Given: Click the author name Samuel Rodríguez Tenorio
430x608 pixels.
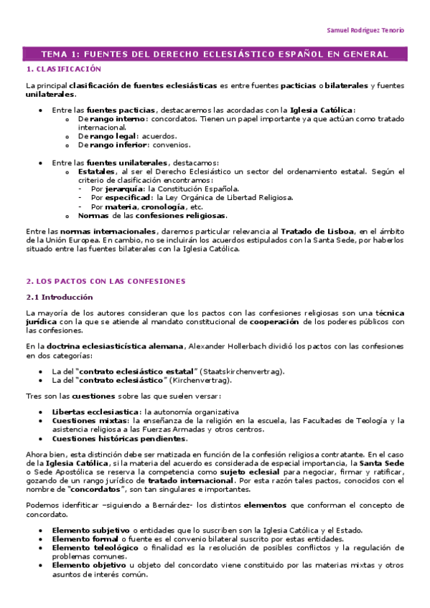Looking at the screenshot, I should click(x=365, y=31).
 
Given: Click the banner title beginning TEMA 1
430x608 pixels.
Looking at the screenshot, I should click(x=215, y=54).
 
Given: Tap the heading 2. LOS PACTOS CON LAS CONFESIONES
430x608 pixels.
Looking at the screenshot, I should click(x=105, y=280).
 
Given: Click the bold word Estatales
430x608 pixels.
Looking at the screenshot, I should click(x=98, y=171).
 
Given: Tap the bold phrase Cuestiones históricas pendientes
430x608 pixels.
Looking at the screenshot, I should click(x=118, y=438).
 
